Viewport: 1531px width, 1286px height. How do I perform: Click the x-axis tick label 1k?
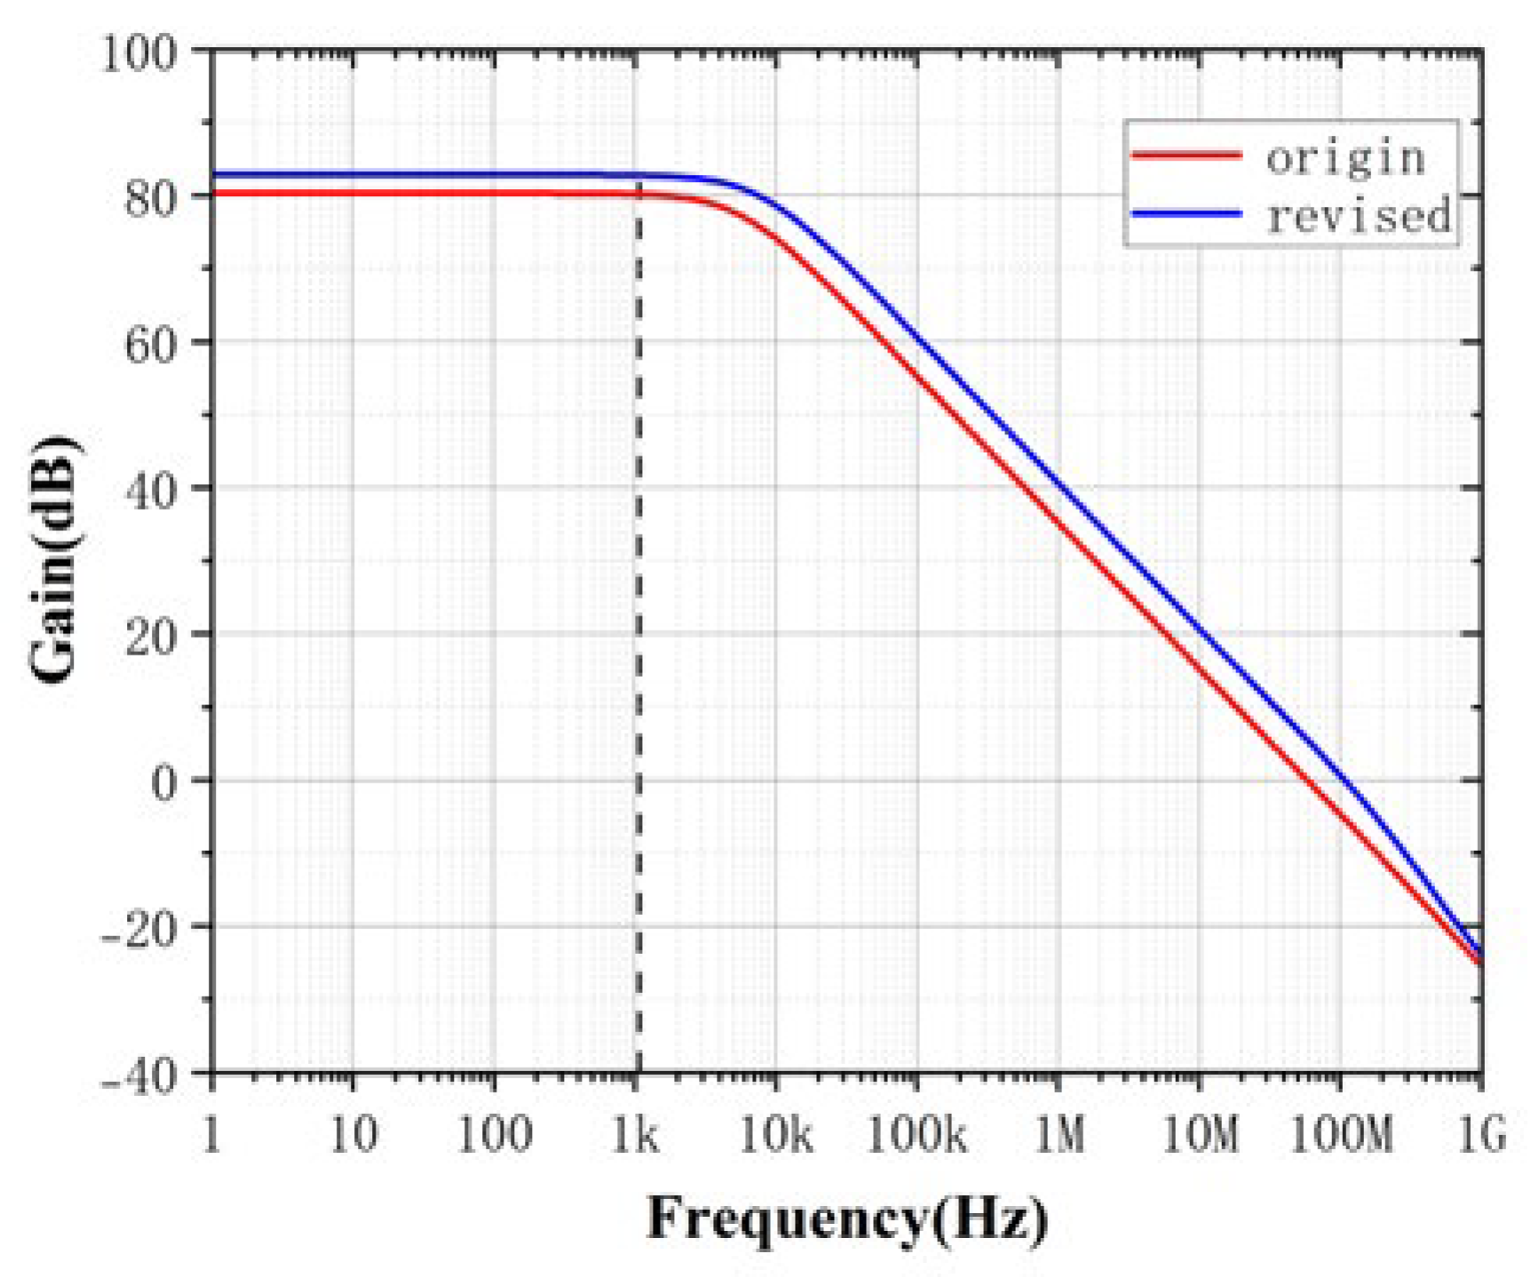point(635,1136)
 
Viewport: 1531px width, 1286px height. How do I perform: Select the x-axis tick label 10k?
point(776,1136)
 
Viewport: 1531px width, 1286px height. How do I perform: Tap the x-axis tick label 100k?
point(916,1136)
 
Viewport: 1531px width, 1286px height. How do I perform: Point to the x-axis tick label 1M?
point(1060,1136)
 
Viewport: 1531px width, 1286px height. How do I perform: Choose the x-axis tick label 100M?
point(1340,1136)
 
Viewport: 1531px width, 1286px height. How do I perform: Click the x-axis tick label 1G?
point(1481,1136)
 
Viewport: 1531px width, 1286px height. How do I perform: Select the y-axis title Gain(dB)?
point(55,560)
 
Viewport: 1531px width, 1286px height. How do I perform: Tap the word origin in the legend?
point(1345,158)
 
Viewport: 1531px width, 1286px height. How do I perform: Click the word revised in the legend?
point(1359,216)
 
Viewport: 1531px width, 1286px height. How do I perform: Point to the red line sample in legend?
point(1186,155)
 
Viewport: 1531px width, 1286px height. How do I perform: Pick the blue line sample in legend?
point(1186,213)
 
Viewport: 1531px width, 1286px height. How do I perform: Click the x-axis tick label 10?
point(353,1136)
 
